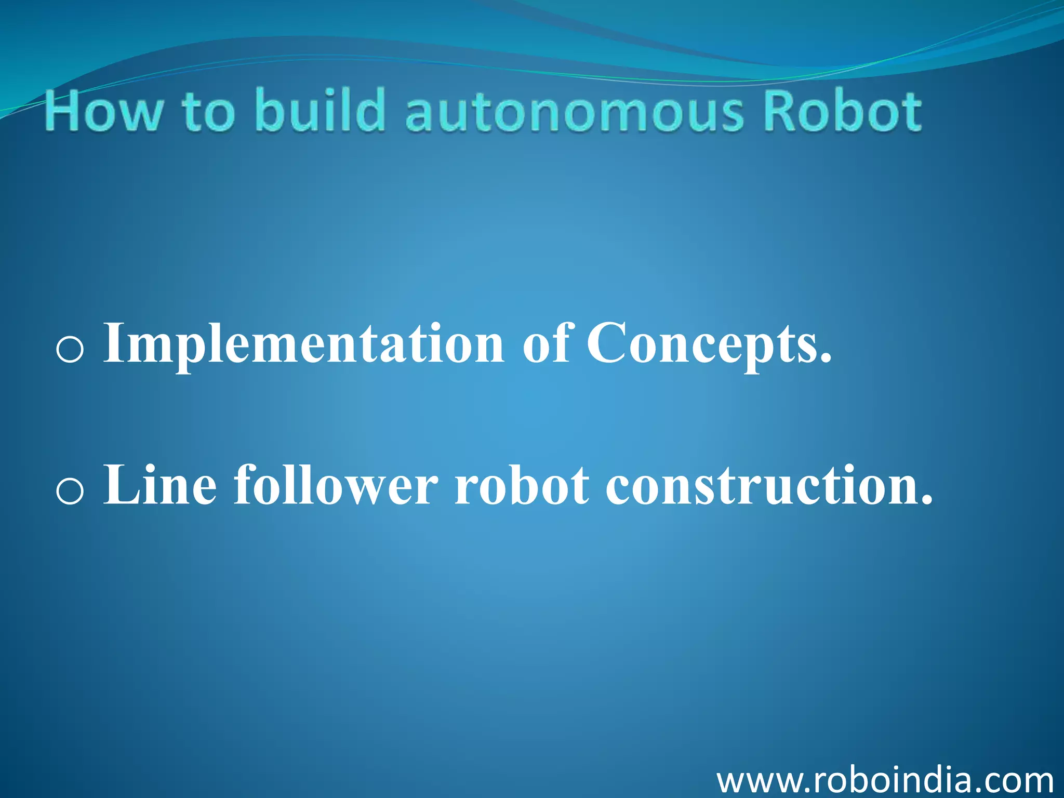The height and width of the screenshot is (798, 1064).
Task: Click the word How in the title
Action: [103, 111]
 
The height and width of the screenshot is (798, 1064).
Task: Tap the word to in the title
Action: [208, 112]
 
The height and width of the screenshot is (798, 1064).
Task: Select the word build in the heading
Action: [320, 109]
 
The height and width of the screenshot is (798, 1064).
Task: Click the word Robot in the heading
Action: [843, 111]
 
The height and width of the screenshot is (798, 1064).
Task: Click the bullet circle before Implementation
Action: [70, 349]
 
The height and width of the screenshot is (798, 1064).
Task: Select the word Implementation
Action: [304, 343]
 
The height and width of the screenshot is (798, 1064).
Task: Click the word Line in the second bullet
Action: [160, 485]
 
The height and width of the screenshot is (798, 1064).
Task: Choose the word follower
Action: [336, 485]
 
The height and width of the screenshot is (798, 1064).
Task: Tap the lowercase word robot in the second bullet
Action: [522, 485]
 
